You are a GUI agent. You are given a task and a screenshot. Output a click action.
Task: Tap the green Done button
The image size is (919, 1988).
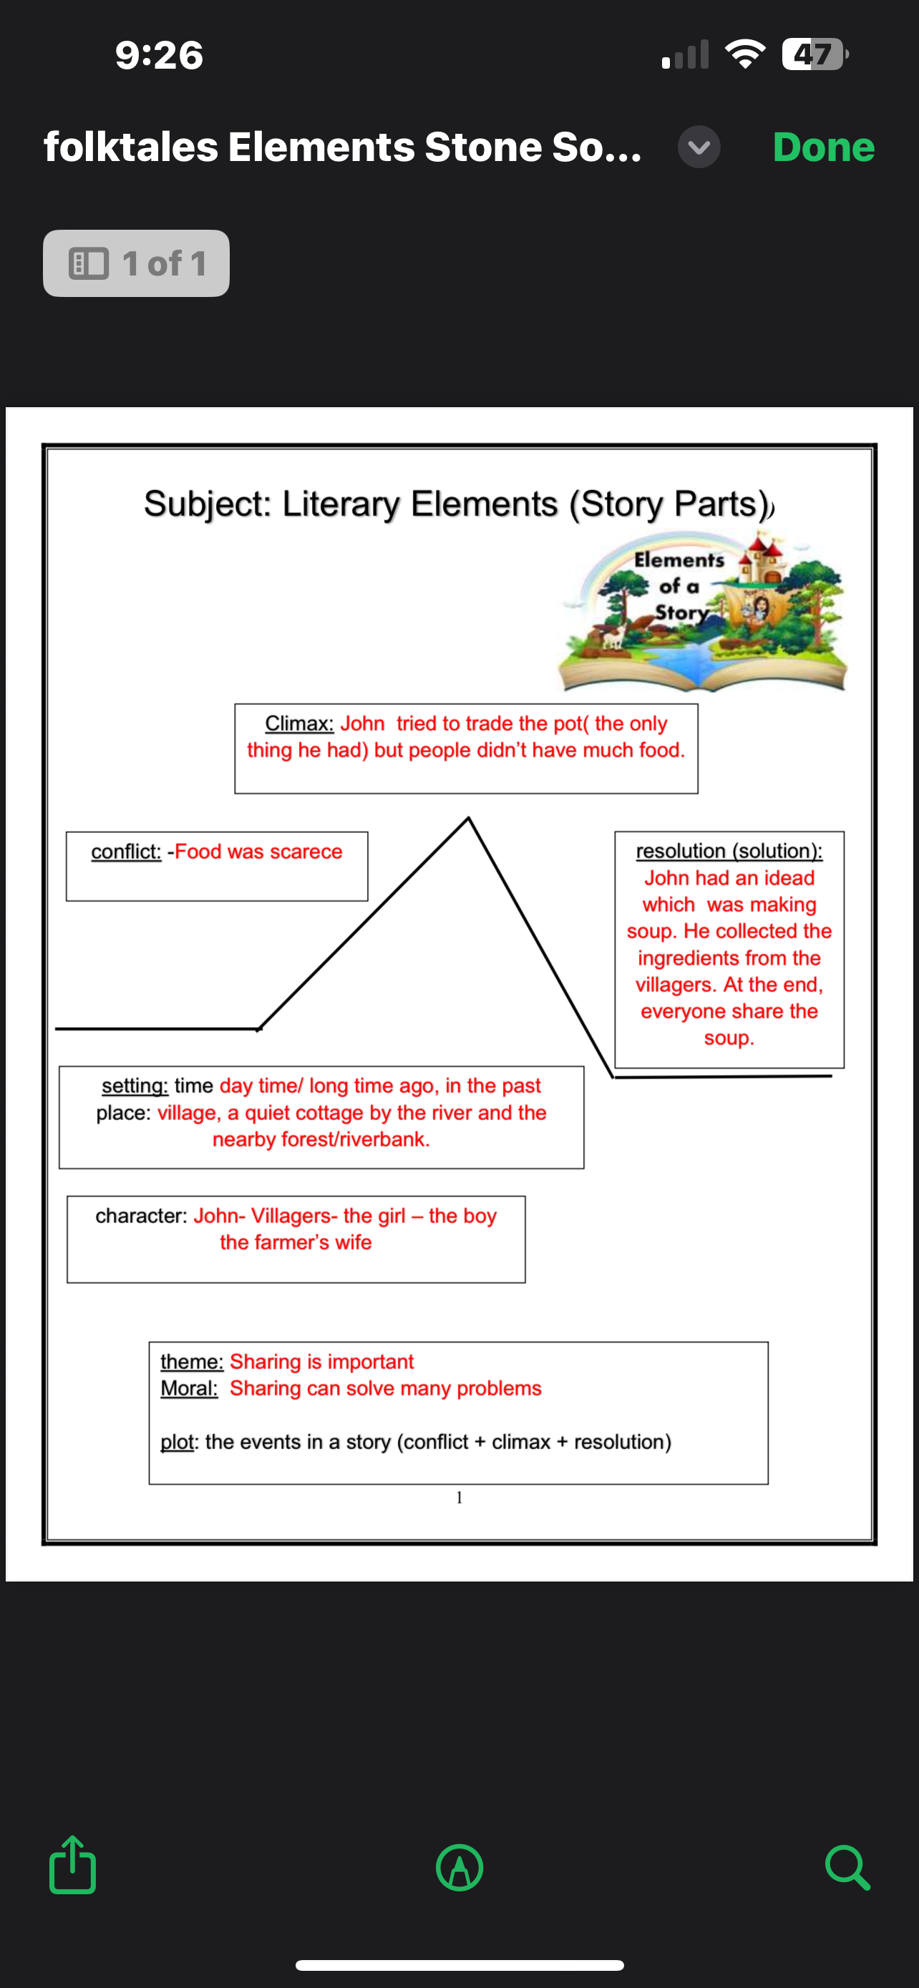coord(823,147)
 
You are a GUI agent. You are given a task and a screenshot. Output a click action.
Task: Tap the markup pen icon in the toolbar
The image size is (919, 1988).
coord(459,1867)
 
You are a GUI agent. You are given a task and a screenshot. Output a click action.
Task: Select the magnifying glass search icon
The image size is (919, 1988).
coord(847,1867)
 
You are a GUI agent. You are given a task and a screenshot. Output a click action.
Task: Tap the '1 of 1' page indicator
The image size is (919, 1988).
coord(137,263)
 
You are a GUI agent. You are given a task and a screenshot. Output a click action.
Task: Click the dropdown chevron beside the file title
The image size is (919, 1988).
coord(699,147)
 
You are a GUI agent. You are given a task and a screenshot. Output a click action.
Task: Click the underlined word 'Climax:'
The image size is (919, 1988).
coord(298,723)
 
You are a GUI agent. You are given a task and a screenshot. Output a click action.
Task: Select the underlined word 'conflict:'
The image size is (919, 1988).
coord(126,851)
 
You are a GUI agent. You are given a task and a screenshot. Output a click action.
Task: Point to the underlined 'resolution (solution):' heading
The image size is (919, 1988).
coord(729,850)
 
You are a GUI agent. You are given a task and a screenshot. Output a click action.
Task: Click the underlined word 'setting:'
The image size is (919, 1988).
coord(135,1085)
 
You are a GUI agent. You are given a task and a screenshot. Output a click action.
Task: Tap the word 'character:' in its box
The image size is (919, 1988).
coord(140,1216)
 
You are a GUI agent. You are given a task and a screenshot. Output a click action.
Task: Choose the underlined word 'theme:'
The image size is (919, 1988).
coord(191,1361)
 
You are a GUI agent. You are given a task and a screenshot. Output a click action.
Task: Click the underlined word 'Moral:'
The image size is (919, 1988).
coord(189,1388)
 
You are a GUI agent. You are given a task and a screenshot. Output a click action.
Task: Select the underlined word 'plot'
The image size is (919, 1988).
coord(177,1441)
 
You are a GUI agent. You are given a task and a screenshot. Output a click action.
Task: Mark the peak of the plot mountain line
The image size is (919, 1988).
coord(468,818)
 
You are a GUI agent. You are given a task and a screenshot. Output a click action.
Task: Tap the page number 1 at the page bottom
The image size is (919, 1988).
coord(459,1497)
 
